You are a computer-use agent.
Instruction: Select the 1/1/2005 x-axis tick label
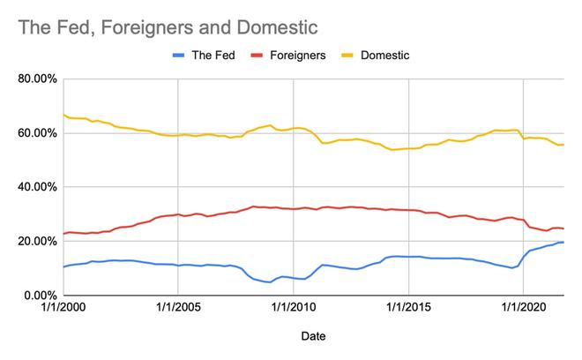click(178, 309)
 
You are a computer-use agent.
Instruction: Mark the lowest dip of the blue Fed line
click(270, 282)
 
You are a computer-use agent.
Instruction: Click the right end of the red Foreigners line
click(563, 229)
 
